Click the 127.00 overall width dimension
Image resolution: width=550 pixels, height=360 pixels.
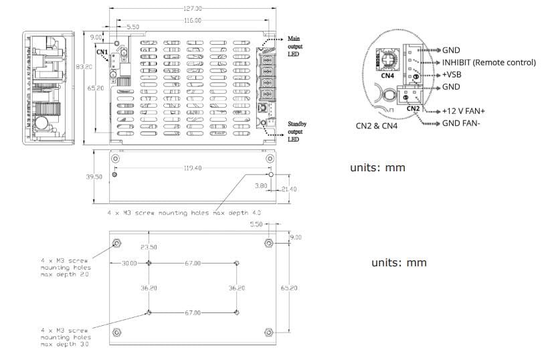tap(193, 9)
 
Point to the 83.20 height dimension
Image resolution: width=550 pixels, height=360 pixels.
tap(84, 67)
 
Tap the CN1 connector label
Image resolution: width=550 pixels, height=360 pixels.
tap(102, 52)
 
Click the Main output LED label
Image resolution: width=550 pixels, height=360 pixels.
tap(296, 46)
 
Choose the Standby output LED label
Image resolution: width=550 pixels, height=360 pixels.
tap(297, 131)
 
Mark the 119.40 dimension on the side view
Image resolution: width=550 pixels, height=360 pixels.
tap(193, 169)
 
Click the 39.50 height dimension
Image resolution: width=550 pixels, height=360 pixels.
tap(95, 177)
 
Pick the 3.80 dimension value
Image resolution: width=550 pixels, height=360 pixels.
tap(261, 185)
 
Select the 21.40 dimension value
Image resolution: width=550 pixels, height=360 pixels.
tap(289, 189)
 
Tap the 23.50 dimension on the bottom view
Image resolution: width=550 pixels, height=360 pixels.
tap(148, 248)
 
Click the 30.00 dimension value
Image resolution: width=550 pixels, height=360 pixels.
tap(129, 264)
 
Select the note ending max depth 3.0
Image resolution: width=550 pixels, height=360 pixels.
tap(64, 337)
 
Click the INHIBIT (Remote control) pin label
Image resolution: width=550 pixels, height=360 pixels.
tap(489, 62)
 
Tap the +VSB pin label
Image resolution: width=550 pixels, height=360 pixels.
tap(452, 74)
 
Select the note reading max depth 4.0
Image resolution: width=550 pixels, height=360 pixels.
tap(184, 212)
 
